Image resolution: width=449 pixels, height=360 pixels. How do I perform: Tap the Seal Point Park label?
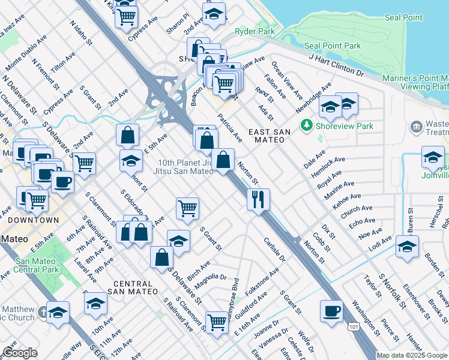(x=333, y=46)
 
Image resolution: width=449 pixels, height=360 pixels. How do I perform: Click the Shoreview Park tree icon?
(x=307, y=125)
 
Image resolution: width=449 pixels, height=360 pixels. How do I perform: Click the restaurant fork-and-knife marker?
(x=258, y=199)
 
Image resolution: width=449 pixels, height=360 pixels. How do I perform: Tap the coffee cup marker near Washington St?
(x=331, y=311)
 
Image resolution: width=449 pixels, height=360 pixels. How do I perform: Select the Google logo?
(x=20, y=353)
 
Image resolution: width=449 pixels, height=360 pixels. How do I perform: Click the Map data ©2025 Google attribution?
(x=412, y=355)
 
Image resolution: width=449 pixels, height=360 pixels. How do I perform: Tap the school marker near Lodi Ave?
(x=407, y=247)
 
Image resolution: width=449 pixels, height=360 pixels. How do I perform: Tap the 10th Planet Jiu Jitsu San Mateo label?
(x=185, y=167)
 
